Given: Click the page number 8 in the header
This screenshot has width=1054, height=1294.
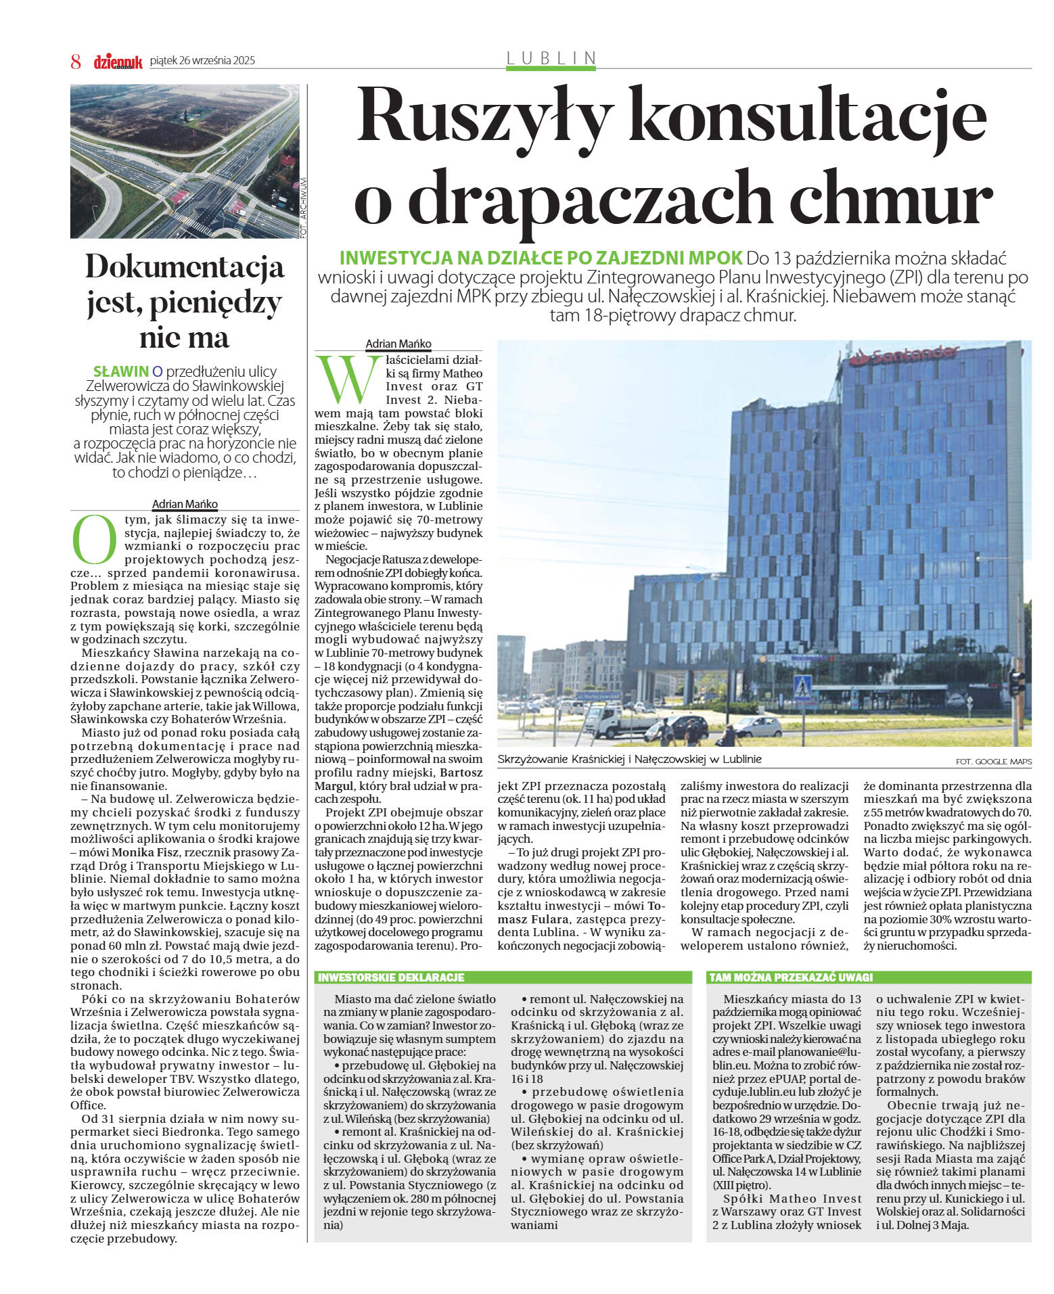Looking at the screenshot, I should (76, 62).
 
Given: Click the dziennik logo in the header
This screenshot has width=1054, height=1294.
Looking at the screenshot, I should (118, 62).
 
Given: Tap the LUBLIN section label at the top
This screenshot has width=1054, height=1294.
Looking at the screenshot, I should (551, 58).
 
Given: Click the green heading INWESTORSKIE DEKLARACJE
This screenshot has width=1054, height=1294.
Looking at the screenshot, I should (391, 977).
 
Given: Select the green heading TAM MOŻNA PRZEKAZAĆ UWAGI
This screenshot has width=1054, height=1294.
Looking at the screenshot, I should (791, 977).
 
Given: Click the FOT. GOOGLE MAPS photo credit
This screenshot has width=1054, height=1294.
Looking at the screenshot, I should (994, 762).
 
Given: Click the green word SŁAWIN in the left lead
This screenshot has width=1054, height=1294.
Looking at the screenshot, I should (120, 371).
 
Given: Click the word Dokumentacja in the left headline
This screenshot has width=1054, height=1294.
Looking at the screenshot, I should (184, 267).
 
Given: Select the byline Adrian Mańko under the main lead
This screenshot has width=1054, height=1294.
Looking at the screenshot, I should (398, 344).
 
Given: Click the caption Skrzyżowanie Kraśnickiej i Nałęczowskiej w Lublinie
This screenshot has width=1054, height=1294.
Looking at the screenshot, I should (629, 759).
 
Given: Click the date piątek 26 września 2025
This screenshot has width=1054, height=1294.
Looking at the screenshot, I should (202, 61).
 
